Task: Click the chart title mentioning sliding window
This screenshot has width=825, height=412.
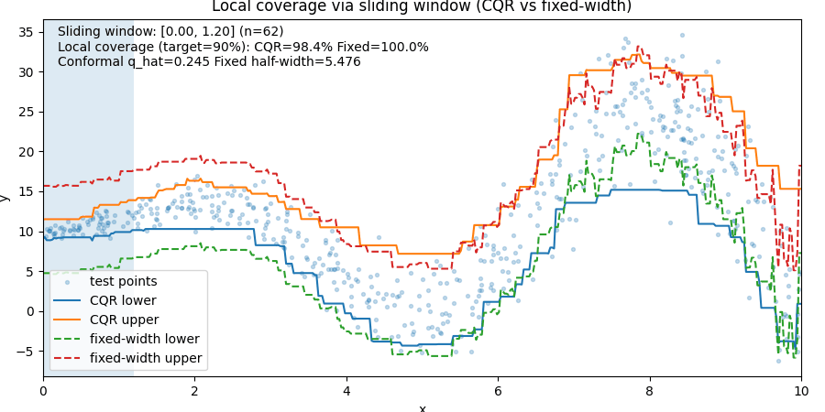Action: (422, 6)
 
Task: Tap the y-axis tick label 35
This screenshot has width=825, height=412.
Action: (27, 32)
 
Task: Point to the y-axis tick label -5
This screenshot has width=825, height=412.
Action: (27, 351)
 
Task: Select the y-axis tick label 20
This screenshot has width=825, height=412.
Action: (27, 152)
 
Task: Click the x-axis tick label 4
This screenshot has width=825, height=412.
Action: (346, 389)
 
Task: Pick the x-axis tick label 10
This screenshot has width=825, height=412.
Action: (800, 389)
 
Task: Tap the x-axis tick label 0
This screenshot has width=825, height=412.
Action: (43, 389)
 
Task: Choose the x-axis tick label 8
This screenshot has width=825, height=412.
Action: (649, 389)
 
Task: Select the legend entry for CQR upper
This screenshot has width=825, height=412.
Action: (124, 320)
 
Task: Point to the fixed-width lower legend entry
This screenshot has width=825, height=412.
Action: (145, 339)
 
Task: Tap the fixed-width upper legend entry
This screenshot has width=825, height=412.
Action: (146, 358)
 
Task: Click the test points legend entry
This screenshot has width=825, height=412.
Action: (123, 281)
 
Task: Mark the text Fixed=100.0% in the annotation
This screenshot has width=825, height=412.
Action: (386, 47)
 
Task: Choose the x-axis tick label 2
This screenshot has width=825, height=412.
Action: (194, 389)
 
